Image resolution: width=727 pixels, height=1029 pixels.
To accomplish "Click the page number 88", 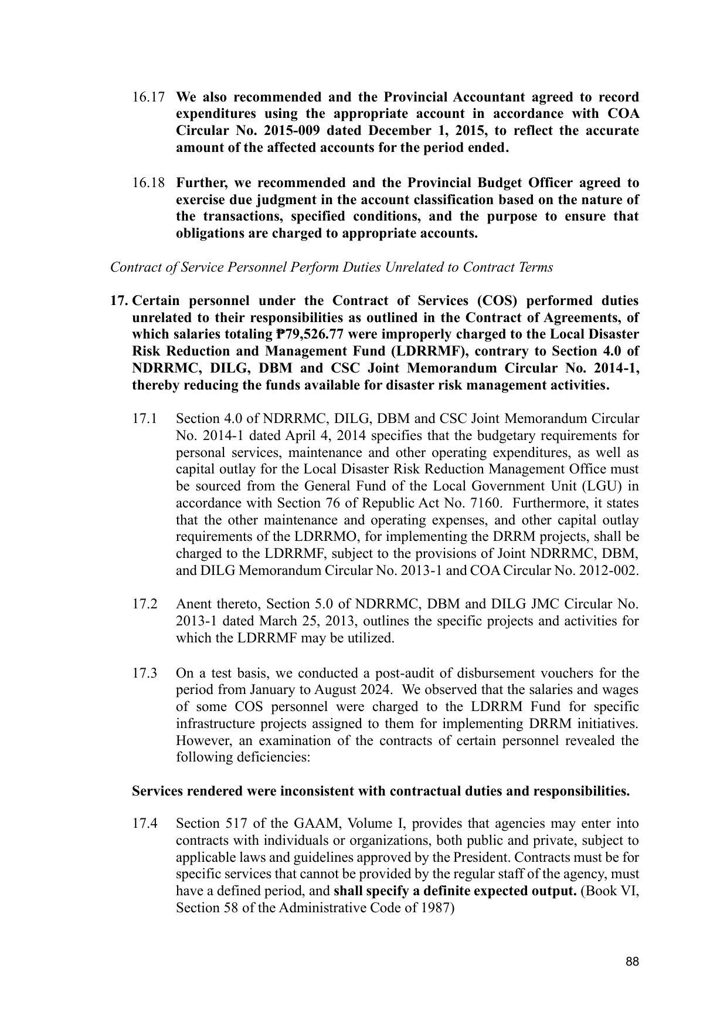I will pos(632,962).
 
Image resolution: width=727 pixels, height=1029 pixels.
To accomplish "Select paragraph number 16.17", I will pos(148,97).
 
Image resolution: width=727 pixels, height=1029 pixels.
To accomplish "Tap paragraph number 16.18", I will pos(148,183).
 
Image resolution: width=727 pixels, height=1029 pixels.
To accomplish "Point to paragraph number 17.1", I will pos(145,419).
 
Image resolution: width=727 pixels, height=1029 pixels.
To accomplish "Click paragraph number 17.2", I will pos(145,604).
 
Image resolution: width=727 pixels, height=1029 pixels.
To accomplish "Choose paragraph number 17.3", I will pos(145,673).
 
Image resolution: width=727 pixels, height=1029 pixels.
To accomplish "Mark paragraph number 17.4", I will pos(145,824).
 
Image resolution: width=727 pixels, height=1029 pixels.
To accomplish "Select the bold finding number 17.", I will pos(119,301).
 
